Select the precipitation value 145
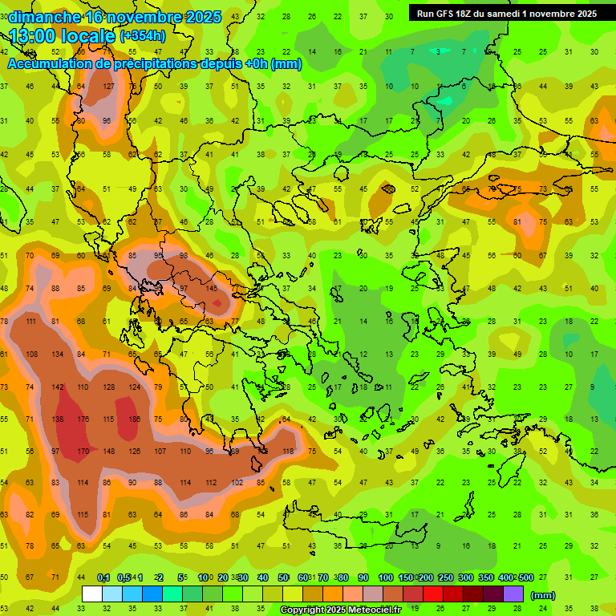click(x=212, y=289)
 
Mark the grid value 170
click(x=82, y=451)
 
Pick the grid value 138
click(x=57, y=419)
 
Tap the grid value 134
click(x=57, y=355)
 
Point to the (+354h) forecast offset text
click(x=143, y=36)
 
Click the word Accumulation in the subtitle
click(x=50, y=64)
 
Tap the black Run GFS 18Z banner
click(x=506, y=14)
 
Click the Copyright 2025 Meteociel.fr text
click(x=339, y=610)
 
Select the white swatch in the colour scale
click(x=92, y=594)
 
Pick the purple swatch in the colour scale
click(x=513, y=594)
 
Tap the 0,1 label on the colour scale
click(x=103, y=578)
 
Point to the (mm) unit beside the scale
click(x=543, y=595)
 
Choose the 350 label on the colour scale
click(x=486, y=578)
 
